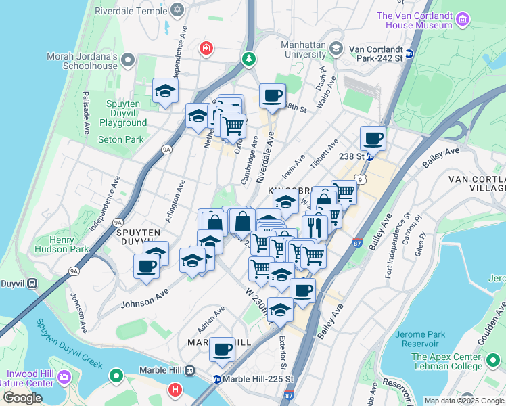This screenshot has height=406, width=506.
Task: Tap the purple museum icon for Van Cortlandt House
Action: pyautogui.click(x=463, y=19)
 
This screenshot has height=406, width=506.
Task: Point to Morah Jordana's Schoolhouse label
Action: pyautogui.click(x=82, y=61)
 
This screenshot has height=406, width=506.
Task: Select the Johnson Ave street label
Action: pyautogui.click(x=143, y=299)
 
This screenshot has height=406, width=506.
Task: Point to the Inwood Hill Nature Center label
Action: pyautogui.click(x=30, y=379)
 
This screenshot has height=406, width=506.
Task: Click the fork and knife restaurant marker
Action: pyautogui.click(x=316, y=226)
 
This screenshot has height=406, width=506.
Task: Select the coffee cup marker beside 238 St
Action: pyautogui.click(x=373, y=139)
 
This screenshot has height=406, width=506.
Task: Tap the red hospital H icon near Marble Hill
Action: pyautogui.click(x=175, y=390)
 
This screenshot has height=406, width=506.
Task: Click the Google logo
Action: pyautogui.click(x=22, y=398)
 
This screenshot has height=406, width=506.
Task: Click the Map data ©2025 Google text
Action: pyautogui.click(x=463, y=401)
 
